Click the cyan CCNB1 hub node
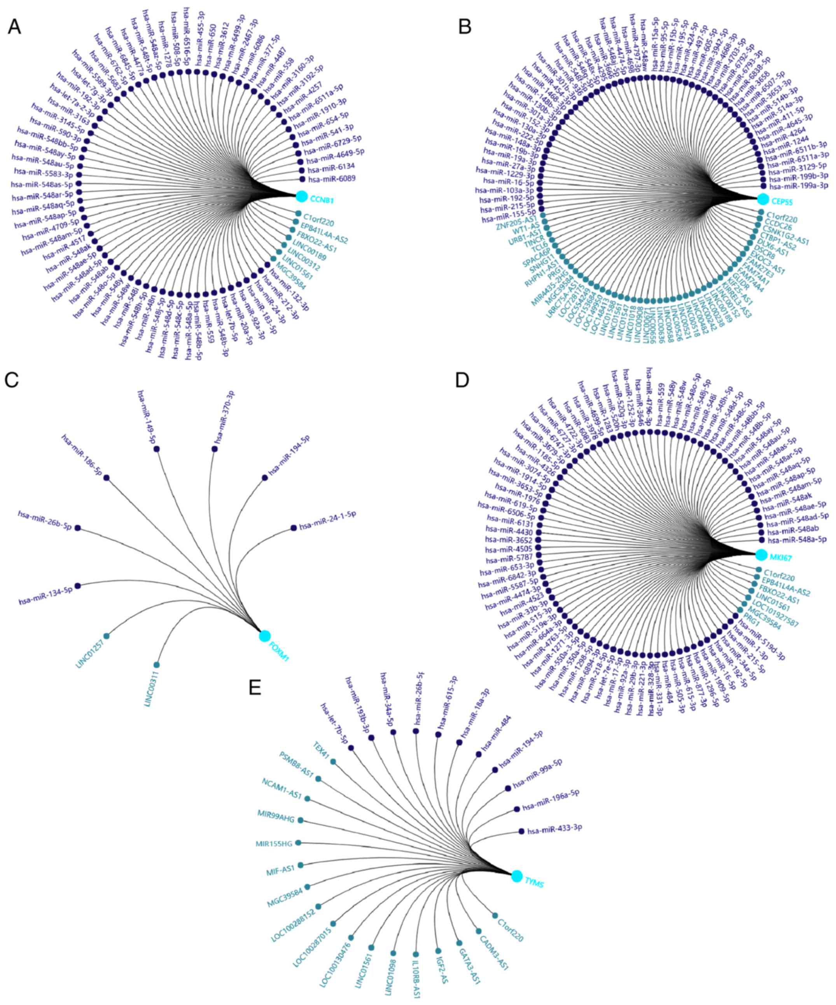(x=301, y=196)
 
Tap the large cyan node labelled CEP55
(x=763, y=199)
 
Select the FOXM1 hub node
(x=264, y=636)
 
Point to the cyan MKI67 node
(x=761, y=555)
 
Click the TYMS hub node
(x=516, y=876)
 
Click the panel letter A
(x=15, y=27)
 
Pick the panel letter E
(x=255, y=688)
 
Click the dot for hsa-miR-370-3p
(x=214, y=449)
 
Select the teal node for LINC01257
(x=106, y=636)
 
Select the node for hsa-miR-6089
(x=302, y=179)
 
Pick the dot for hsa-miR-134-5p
(x=77, y=585)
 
